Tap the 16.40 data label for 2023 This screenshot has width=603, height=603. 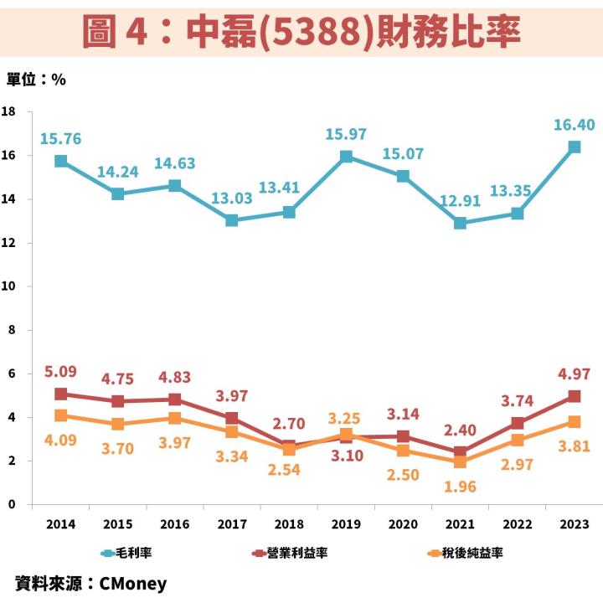575,125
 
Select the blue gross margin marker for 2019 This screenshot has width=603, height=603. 347,157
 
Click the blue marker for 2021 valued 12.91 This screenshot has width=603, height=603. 461,223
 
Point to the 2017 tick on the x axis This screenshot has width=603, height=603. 232,524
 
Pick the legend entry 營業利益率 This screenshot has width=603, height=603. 287,553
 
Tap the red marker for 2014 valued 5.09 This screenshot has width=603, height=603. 61,394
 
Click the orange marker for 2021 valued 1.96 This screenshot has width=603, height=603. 461,461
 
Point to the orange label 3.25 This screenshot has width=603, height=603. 347,417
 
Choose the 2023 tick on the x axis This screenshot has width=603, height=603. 575,524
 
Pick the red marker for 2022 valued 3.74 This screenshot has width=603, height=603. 518,423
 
